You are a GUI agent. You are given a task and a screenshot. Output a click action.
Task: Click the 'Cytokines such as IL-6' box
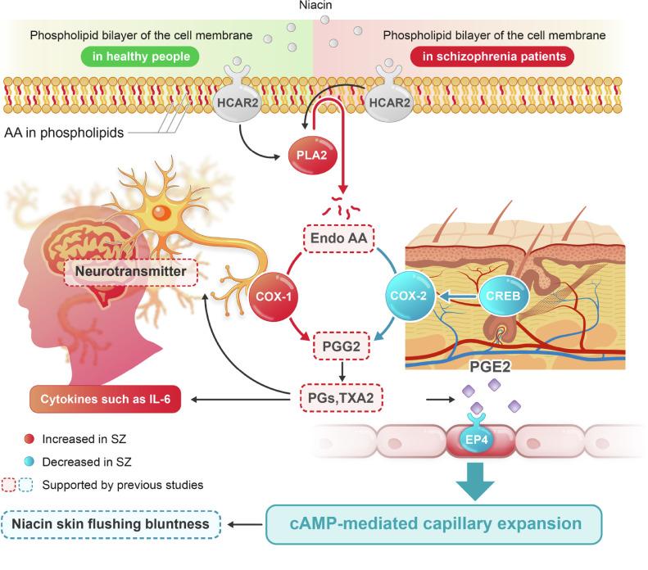106,400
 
